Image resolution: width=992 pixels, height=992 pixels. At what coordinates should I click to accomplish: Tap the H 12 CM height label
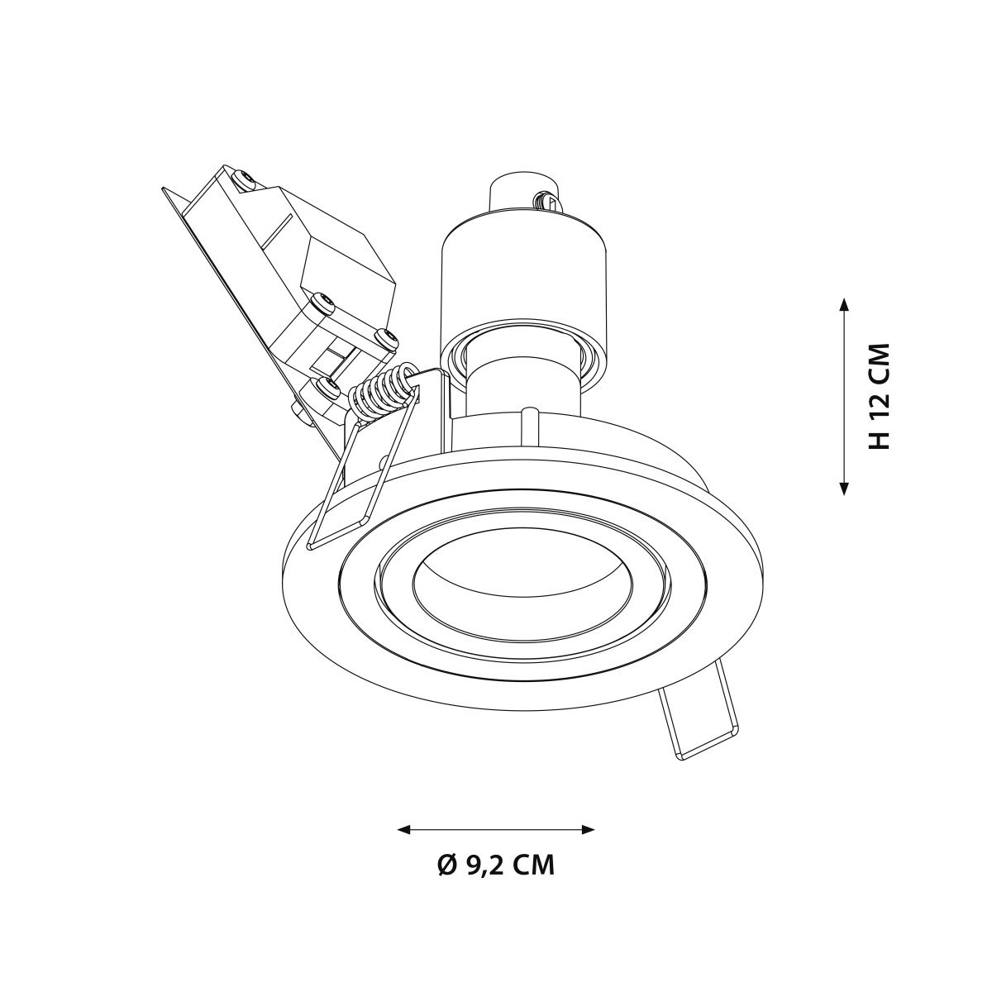click(879, 397)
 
